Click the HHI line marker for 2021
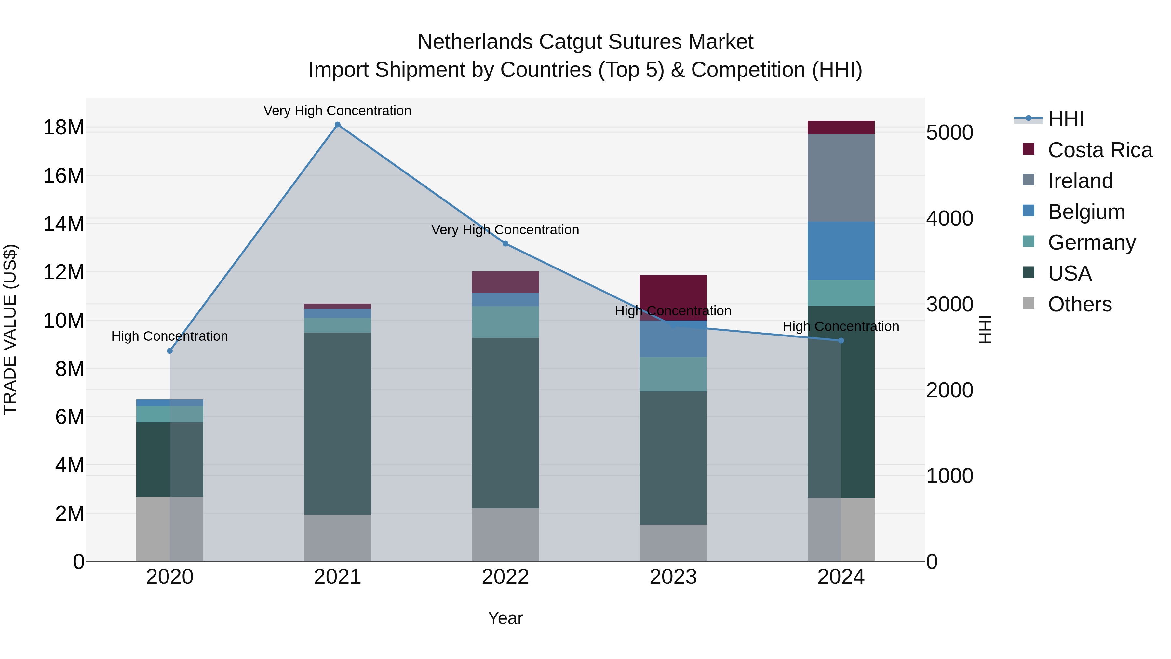(337, 125)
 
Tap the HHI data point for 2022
(505, 244)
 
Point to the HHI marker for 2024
(841, 341)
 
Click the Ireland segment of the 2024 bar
(841, 177)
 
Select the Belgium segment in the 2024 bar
(841, 251)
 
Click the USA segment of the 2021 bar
(337, 423)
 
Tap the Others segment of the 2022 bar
(505, 534)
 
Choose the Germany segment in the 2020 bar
(169, 414)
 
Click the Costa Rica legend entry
(1100, 150)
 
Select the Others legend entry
(1079, 304)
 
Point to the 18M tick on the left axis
(64, 127)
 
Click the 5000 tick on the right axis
(949, 133)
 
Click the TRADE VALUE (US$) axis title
(10, 329)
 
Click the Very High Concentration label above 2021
(337, 111)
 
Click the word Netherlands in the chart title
(475, 42)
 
